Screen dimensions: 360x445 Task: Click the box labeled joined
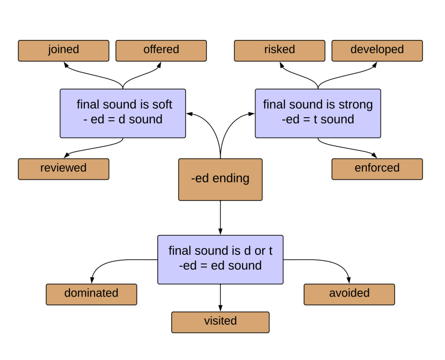[63, 50]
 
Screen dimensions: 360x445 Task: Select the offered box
[161, 50]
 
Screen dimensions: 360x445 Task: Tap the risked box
[279, 50]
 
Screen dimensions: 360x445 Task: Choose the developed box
[377, 50]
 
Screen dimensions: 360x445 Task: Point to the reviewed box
[63, 168]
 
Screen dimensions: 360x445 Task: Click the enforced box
[377, 168]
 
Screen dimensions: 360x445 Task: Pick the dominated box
[91, 294]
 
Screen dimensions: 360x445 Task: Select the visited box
[220, 322]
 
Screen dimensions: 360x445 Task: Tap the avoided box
[349, 294]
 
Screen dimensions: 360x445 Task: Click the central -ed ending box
[220, 179]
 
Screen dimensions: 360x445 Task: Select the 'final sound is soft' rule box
[123, 113]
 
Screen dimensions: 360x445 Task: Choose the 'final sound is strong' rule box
[318, 113]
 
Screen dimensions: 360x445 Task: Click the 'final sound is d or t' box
[220, 259]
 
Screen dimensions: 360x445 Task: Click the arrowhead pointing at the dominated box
[92, 281]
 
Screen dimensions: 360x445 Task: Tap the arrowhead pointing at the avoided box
[349, 281]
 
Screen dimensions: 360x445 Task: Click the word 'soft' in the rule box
[162, 105]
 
